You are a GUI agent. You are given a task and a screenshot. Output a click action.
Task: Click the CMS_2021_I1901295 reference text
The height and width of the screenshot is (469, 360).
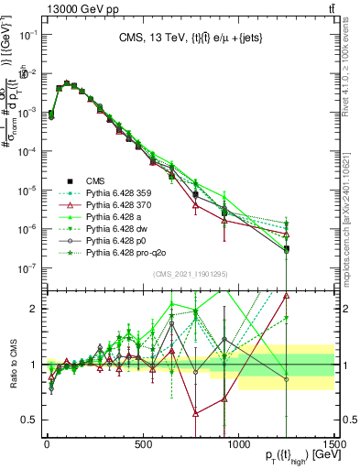[190, 274]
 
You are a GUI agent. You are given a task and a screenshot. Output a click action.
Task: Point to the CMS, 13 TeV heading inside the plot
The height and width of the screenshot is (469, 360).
[190, 38]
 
